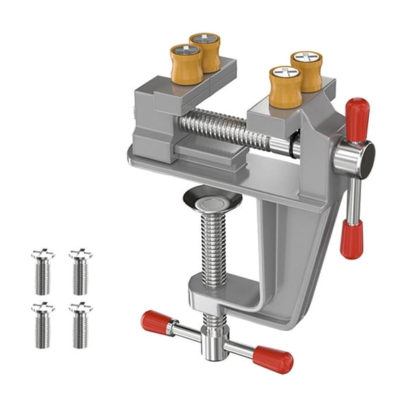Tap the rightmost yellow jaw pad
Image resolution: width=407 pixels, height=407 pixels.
click(306, 71)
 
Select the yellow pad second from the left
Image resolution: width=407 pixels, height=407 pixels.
click(205, 52)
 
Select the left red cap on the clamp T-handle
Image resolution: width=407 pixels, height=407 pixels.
click(157, 323)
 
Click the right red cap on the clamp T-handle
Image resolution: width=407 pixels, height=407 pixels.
click(273, 359)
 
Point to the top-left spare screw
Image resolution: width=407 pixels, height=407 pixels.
click(42, 272)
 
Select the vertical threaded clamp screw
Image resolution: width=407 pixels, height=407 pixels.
click(213, 247)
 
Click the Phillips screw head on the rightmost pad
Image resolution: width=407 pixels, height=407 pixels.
click(307, 59)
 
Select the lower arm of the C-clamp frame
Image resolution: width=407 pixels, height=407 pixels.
click(240, 297)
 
